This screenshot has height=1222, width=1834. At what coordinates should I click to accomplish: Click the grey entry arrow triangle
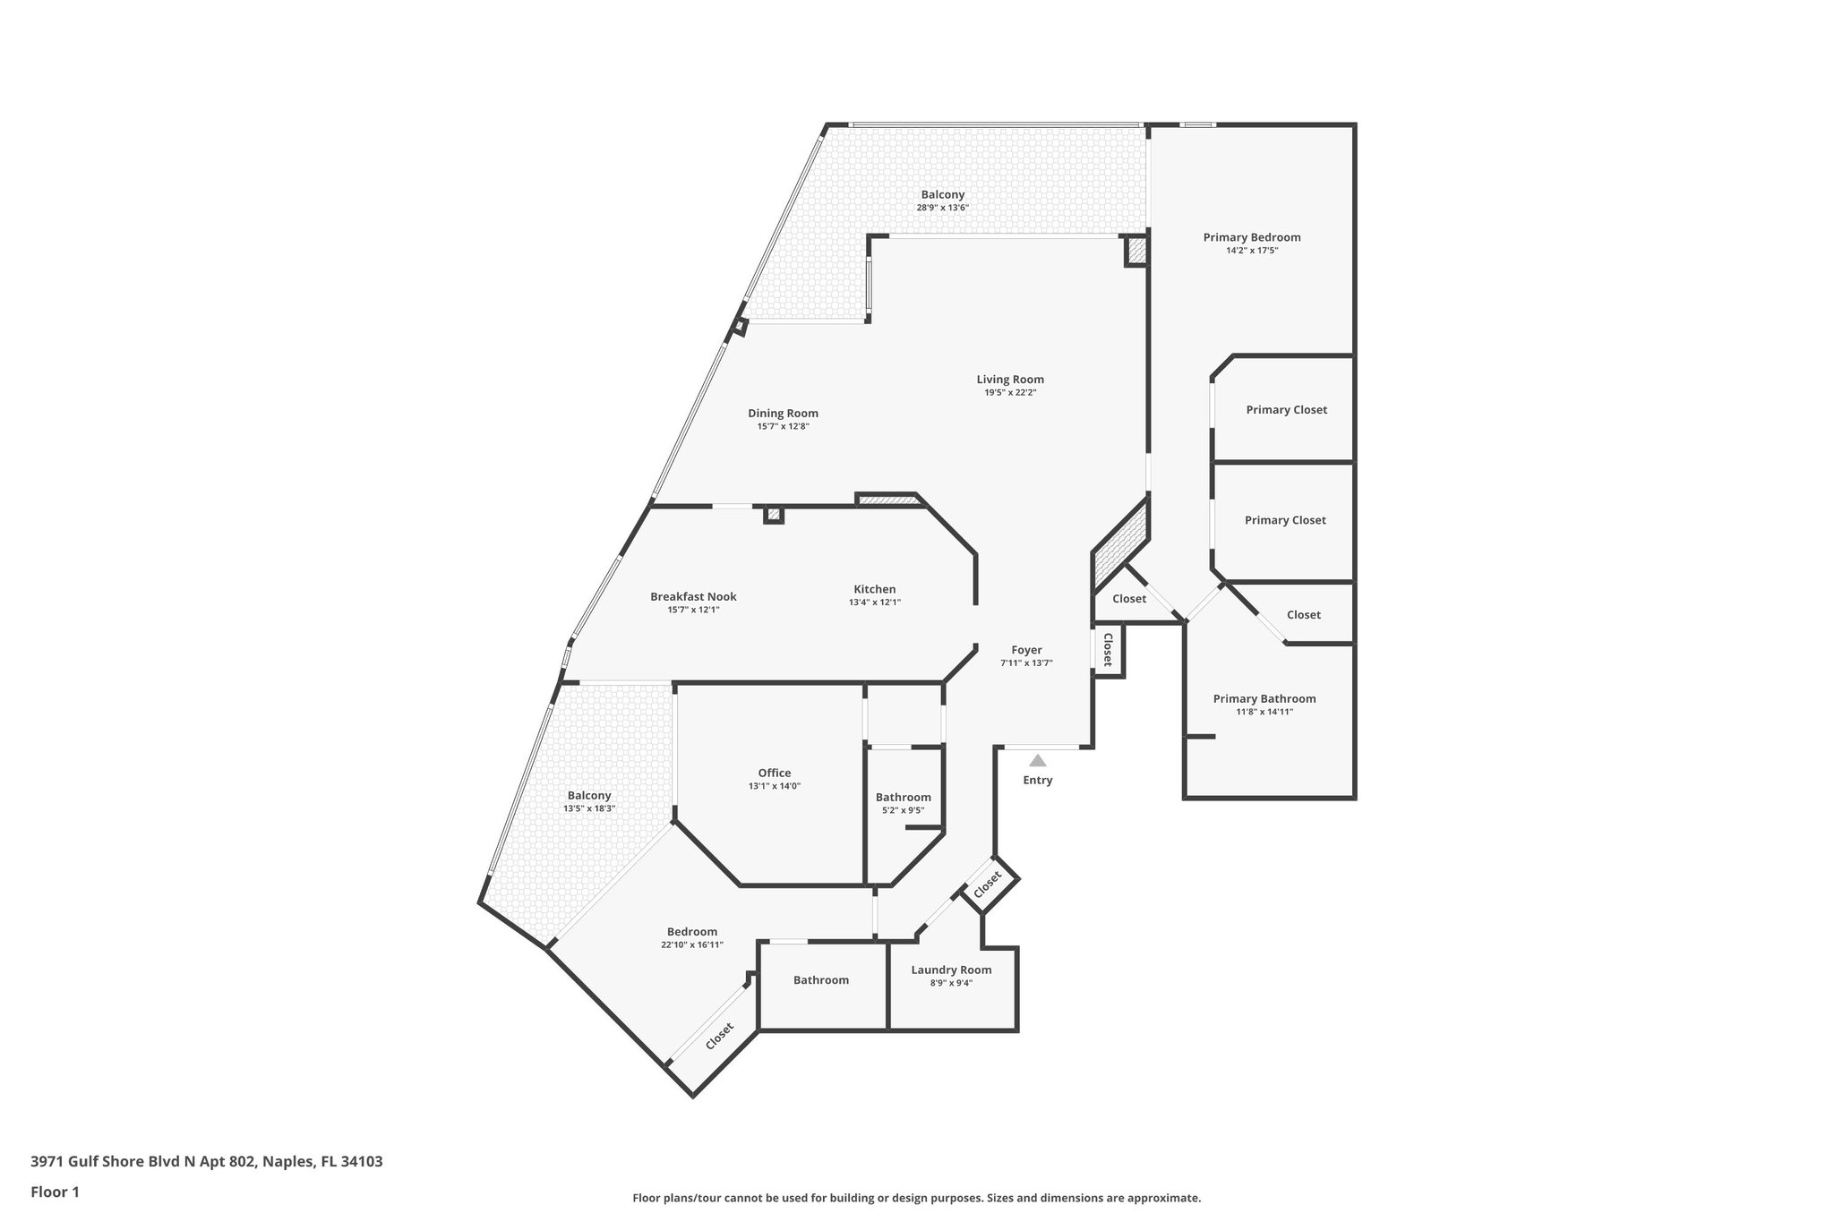[x=1037, y=761]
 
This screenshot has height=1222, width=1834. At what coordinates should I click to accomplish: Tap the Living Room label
[x=1010, y=380]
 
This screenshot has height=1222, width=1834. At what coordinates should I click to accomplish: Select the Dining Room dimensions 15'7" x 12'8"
[x=783, y=426]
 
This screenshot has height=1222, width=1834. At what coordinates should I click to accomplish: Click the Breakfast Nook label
[x=693, y=597]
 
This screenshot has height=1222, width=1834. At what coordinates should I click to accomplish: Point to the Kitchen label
[x=874, y=589]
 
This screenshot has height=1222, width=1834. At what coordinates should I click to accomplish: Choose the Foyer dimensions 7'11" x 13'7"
[x=1026, y=663]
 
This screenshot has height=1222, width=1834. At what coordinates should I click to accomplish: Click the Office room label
[x=775, y=773]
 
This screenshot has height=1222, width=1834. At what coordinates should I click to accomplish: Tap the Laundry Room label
[x=951, y=970]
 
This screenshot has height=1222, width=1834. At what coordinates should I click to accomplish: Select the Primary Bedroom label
[x=1251, y=237]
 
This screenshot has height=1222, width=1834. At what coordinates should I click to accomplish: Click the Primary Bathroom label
[x=1264, y=699]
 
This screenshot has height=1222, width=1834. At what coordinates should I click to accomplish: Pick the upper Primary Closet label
[x=1286, y=410]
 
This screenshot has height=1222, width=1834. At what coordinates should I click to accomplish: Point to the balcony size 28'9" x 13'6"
[x=942, y=208]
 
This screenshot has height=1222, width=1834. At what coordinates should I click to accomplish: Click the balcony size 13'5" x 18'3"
[x=588, y=808]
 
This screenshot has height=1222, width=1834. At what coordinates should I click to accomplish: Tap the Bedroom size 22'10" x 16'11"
[x=691, y=944]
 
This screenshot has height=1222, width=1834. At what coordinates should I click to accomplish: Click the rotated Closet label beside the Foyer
[x=1108, y=650]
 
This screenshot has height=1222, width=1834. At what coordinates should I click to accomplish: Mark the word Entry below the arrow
[x=1038, y=781]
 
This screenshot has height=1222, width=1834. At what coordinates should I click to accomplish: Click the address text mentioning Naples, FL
[x=207, y=1161]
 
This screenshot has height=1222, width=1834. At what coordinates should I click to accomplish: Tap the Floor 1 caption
[x=55, y=1192]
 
